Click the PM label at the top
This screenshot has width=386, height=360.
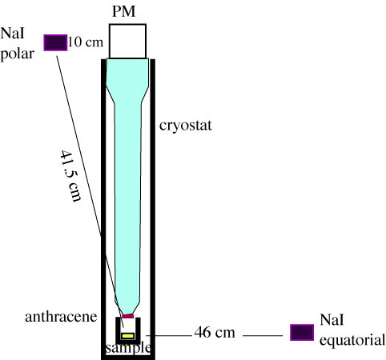[123, 12]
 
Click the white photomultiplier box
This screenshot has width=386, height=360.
[127, 41]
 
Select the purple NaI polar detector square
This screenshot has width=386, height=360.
[55, 42]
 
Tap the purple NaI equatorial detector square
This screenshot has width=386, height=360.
[302, 333]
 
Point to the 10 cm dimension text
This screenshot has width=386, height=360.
[86, 42]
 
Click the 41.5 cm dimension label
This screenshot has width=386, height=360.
[70, 176]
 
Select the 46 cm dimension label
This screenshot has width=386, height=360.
[215, 333]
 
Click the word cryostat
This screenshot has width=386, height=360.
[186, 126]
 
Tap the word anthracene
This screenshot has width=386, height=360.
[61, 317]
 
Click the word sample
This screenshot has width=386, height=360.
[128, 347]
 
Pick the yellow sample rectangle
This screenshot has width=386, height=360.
[127, 336]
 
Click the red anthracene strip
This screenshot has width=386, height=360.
[128, 316]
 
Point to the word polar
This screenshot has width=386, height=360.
[18, 54]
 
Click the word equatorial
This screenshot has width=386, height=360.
[352, 341]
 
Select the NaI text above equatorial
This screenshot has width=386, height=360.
[332, 319]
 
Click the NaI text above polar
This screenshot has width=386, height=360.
[12, 34]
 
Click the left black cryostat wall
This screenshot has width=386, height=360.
[103, 208]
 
